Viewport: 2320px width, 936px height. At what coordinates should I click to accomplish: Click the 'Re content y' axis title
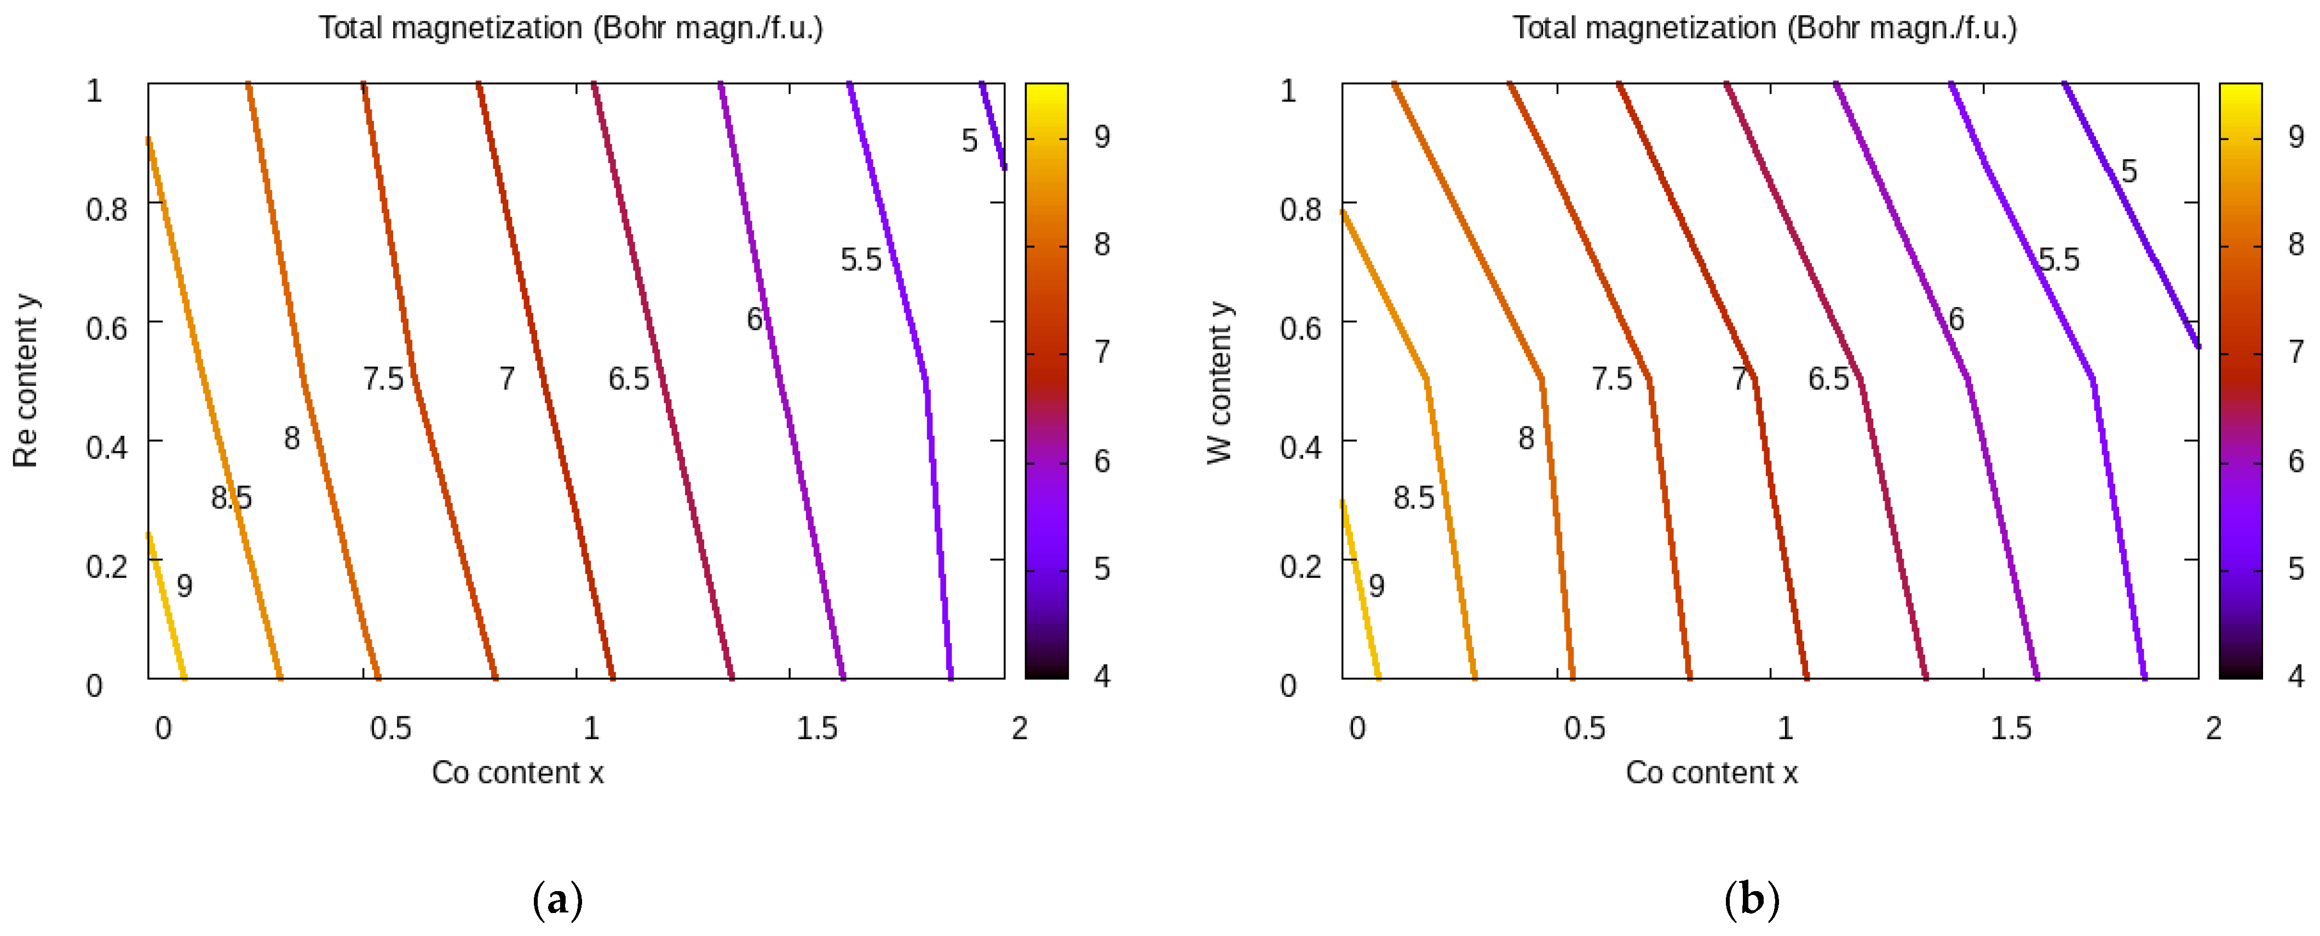coord(25,381)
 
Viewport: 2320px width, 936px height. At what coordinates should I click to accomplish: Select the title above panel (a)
coord(570,28)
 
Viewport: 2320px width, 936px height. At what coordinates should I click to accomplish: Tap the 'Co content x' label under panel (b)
coord(1711,772)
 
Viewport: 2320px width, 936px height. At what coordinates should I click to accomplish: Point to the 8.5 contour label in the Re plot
coord(232,498)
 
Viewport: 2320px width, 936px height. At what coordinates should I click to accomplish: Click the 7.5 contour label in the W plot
coord(1611,379)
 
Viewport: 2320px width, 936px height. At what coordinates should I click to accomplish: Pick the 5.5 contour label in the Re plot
coord(861,260)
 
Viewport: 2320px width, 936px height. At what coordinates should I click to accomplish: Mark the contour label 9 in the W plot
coord(1376,586)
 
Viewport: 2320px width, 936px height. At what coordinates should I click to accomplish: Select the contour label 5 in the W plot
coord(2129,171)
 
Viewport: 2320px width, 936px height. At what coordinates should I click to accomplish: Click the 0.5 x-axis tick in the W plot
coord(1584,728)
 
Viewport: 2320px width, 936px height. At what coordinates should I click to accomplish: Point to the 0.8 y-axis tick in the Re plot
coord(106,210)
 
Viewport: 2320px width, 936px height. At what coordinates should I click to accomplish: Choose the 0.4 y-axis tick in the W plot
coord(1300,447)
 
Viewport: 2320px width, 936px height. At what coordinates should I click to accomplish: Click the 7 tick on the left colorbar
coord(1102,351)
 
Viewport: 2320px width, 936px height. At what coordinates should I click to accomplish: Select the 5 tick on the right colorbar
coord(2296,568)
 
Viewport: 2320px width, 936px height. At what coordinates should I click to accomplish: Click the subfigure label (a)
coord(557,899)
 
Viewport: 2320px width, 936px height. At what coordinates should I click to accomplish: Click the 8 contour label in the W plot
coord(1525,438)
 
